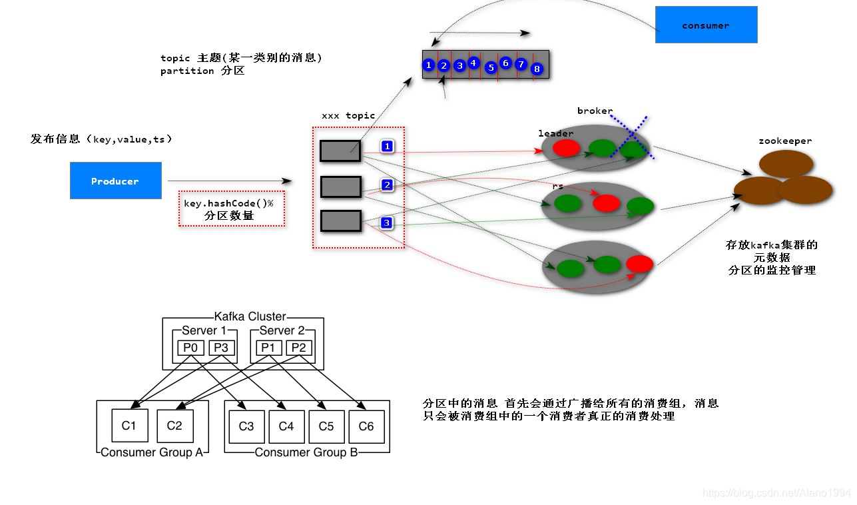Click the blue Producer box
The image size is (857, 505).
pos(116,181)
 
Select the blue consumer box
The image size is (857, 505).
pos(707,25)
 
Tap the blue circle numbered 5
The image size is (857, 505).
pos(491,68)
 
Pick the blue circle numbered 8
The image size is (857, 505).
pos(537,69)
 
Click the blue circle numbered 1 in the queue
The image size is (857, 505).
pos(429,65)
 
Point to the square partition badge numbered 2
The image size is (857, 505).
pos(387,185)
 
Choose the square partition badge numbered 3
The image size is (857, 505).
pos(386,223)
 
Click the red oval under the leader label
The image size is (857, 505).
pos(566,148)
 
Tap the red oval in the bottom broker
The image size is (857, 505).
pos(639,264)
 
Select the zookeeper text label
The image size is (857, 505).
pos(785,141)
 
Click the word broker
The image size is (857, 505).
pos(595,111)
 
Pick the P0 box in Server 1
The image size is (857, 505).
pos(190,348)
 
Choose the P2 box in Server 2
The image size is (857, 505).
pos(299,348)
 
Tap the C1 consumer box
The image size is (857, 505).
pos(130,425)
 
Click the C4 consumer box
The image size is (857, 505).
pos(286,426)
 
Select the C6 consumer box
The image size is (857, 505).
pos(366,426)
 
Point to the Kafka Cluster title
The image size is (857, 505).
pos(250,316)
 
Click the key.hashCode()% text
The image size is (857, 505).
pos(228,203)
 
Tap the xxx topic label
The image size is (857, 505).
pos(348,116)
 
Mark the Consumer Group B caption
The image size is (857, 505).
pos(306,452)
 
